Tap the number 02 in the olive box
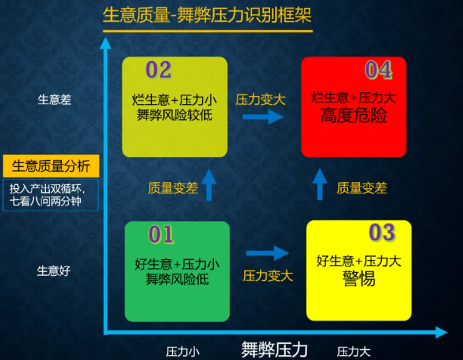coord(159,70)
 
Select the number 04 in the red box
coord(378,71)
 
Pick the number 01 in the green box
coord(161,234)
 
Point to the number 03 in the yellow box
coord(382,233)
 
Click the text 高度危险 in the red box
coord(354,116)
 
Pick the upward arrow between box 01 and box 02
coord(209,185)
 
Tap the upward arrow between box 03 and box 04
coord(319,184)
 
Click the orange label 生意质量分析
coord(51,166)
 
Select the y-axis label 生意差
coord(54,100)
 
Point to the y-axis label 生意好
coord(54,271)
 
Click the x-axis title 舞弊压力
coord(274,349)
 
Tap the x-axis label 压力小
coord(183,352)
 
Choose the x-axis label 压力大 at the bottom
coord(354,352)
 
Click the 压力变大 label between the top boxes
coord(260,100)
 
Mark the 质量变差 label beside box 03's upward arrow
coord(362,188)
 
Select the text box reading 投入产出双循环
coord(51,195)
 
